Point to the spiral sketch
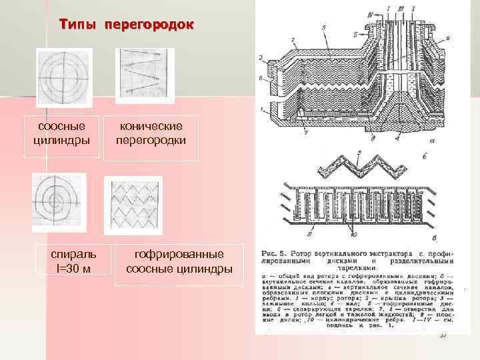pyautogui.click(x=59, y=202)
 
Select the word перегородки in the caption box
pyautogui.click(x=151, y=141)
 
